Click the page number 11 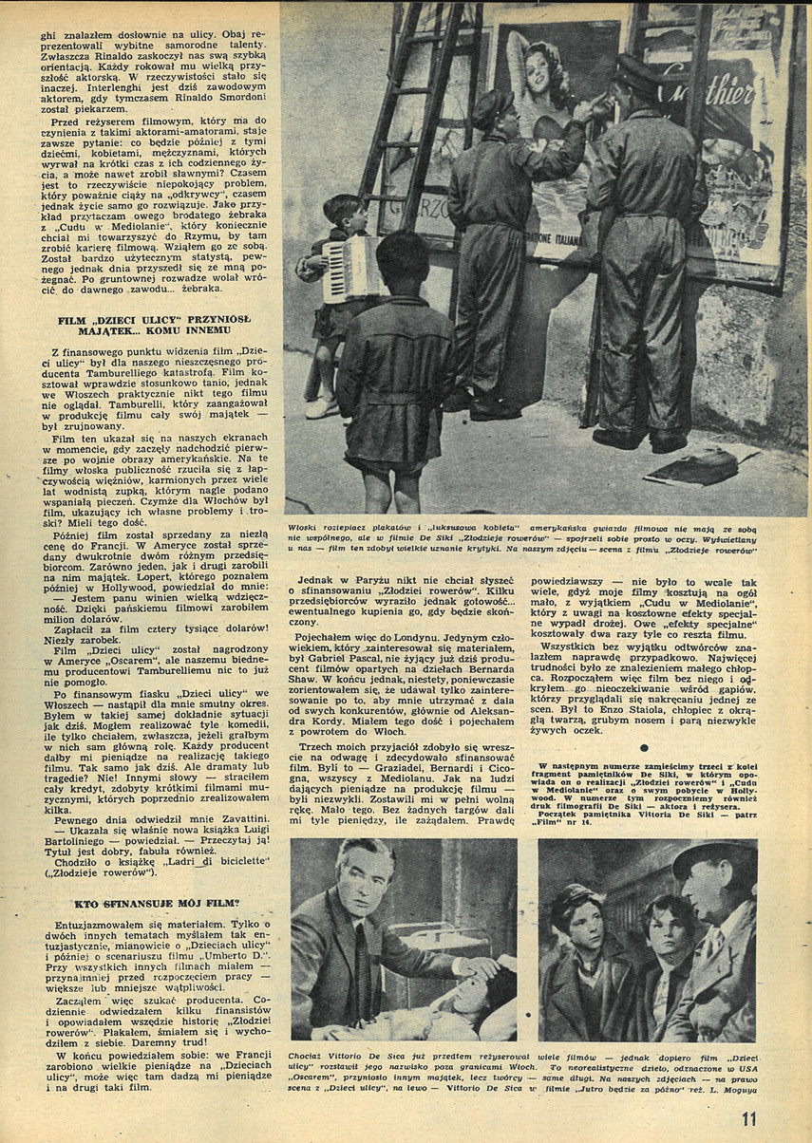(x=751, y=1118)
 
